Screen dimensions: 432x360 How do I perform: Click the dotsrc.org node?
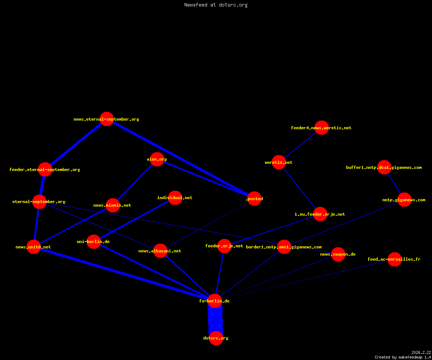tap(216, 338)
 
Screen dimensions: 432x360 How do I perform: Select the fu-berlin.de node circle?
tap(215, 301)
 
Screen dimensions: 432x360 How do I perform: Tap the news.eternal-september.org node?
tap(107, 119)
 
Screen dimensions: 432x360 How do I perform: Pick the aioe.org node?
tap(157, 159)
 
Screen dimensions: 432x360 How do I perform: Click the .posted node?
tap(254, 199)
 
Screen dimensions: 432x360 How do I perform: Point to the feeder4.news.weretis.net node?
tap(321, 128)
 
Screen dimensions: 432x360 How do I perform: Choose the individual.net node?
tap(175, 198)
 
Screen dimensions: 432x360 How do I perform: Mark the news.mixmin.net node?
tap(113, 205)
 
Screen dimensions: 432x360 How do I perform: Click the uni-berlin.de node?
tap(94, 242)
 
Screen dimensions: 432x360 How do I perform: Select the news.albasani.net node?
tap(160, 251)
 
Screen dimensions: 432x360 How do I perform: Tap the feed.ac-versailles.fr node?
tap(395, 259)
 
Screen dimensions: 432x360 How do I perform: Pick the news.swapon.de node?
tap(338, 254)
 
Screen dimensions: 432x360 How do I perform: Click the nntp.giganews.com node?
tap(405, 200)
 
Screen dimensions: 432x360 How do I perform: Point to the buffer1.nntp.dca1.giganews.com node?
tap(384, 167)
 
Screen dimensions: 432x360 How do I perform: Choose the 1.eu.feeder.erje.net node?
tap(320, 214)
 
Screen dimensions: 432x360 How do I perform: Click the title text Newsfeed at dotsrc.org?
tap(216, 5)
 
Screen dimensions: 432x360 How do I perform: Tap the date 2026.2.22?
tap(421, 352)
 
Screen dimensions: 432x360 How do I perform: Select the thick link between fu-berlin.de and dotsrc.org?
tap(215, 319)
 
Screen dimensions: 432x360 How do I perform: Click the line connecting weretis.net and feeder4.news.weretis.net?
tap(300, 145)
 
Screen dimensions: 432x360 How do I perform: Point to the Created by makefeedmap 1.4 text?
tap(403, 357)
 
